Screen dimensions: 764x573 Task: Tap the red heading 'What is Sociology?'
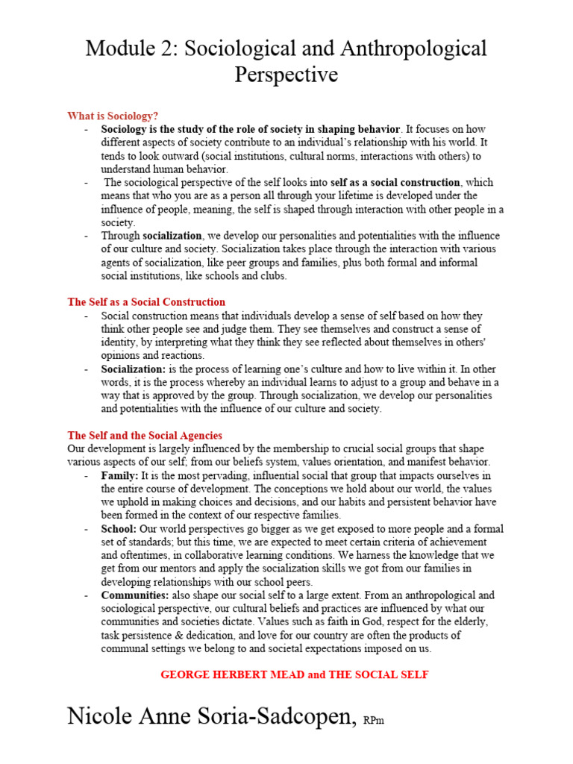coord(113,116)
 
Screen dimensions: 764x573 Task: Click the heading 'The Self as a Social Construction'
coord(146,302)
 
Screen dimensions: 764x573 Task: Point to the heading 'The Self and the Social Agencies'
coord(145,435)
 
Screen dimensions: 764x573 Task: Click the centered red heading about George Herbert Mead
coord(295,674)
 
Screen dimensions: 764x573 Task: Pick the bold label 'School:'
coord(119,528)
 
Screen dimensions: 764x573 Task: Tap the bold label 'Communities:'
coord(135,595)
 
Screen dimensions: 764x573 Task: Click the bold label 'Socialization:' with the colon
coord(134,369)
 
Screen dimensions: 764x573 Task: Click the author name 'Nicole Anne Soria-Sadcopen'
coord(211,716)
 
